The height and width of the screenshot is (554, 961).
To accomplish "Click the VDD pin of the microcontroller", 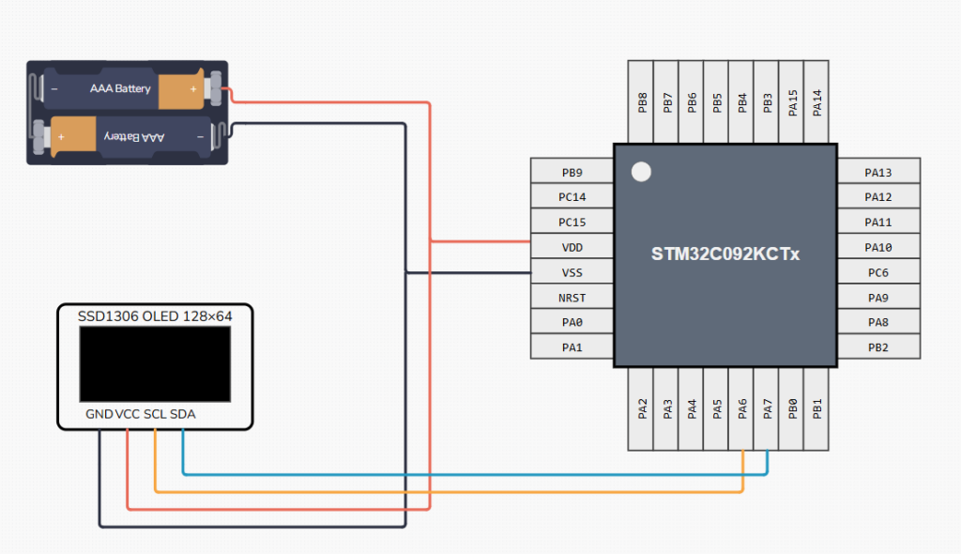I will (572, 247).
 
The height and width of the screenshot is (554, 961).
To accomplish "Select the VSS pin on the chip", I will (572, 272).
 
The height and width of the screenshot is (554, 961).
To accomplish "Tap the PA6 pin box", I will (742, 408).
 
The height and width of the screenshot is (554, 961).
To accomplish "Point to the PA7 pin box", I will (768, 408).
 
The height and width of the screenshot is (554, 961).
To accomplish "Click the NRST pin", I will (572, 298).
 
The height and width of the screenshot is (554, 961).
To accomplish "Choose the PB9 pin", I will (572, 172).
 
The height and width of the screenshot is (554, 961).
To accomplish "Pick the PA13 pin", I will (878, 172).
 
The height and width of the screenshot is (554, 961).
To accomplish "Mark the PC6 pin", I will (878, 272).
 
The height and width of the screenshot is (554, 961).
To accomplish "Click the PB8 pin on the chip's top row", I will (642, 102).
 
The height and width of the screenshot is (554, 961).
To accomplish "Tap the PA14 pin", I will (817, 102).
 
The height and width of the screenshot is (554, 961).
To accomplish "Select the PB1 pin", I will (817, 408).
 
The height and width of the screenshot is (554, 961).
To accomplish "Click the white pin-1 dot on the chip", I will (641, 172).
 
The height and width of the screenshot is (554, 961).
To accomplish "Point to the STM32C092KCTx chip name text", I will (725, 254).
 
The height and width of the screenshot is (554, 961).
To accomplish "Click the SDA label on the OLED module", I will (184, 414).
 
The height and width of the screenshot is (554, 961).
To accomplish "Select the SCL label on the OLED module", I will (155, 414).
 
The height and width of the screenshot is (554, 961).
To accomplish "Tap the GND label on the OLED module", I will (99, 414).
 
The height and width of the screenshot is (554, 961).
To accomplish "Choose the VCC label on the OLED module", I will (127, 414).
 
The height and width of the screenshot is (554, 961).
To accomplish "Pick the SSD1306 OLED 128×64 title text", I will (155, 316).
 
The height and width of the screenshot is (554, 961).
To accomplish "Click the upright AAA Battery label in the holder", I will (120, 88).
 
